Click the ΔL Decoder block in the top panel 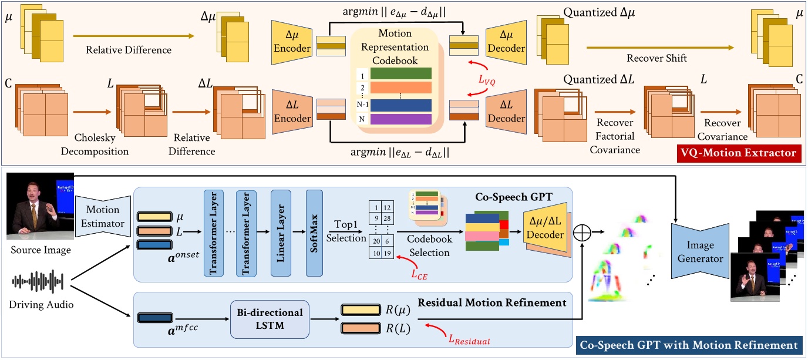[504, 111]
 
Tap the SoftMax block [314, 233]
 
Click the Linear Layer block [280, 233]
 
